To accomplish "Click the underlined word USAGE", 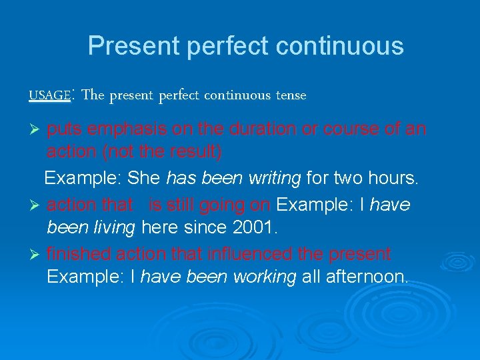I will tap(49, 95).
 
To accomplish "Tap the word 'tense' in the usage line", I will tap(291, 95).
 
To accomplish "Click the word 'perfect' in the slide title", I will tap(227, 46).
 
